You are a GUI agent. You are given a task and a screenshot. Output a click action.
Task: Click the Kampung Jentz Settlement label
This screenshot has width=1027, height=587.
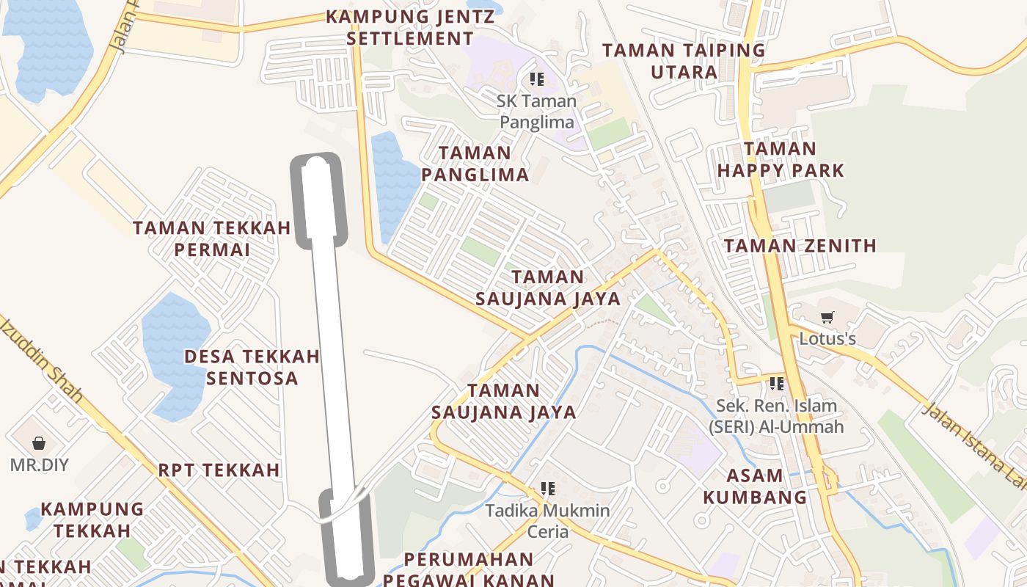(x=410, y=27)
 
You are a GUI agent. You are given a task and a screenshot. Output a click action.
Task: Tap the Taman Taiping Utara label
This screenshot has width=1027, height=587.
(x=684, y=61)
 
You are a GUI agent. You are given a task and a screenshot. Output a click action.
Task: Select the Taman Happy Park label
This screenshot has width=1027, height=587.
(x=781, y=160)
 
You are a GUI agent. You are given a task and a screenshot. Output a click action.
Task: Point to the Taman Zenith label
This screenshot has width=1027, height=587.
(x=800, y=246)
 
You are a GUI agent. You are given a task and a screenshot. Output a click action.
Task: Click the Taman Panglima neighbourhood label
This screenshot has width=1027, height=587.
(x=475, y=164)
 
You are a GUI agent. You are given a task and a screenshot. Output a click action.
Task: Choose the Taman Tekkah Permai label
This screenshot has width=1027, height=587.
(x=212, y=238)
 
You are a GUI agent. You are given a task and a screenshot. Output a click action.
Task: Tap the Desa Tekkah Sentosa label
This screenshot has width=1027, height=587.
(x=252, y=367)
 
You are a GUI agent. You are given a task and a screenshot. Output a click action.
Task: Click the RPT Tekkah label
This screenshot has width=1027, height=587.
(x=219, y=470)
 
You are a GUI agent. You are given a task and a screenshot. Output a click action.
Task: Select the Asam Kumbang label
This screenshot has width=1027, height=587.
(x=755, y=486)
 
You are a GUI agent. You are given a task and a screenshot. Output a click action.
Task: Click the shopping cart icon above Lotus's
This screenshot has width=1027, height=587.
(x=827, y=318)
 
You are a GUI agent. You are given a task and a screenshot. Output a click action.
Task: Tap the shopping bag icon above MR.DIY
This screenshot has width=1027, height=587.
(x=39, y=443)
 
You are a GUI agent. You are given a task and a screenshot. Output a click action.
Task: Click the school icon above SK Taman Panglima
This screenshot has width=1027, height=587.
(x=537, y=79)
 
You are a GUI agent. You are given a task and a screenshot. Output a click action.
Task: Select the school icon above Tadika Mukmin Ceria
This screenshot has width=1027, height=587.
(x=547, y=488)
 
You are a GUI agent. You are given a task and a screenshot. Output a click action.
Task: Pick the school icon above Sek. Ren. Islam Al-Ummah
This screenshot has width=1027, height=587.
(x=777, y=383)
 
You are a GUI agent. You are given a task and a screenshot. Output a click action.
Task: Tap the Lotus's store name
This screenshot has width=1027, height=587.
(x=827, y=339)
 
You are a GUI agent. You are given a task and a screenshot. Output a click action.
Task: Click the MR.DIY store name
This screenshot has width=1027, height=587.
(x=39, y=464)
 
